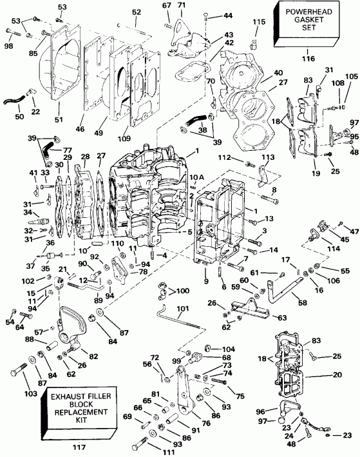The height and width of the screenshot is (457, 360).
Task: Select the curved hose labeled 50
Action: pos(14,100)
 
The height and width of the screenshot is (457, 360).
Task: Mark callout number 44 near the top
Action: pos(211,14)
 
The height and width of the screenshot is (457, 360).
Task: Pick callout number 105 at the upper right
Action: pos(351,76)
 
